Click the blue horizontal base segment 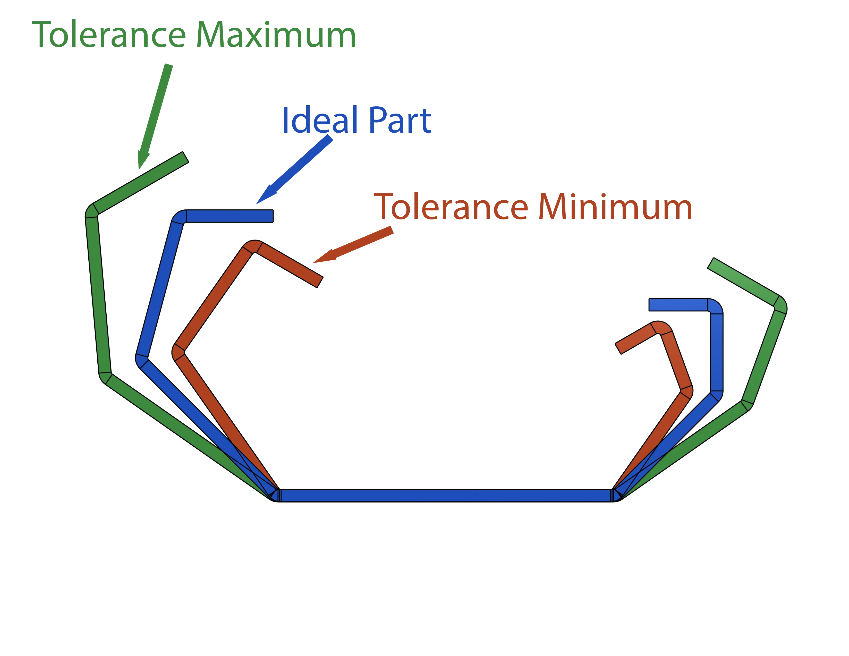pyautogui.click(x=445, y=496)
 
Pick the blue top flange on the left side pyautogui.click(x=229, y=216)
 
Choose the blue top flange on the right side pyautogui.click(x=678, y=305)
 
